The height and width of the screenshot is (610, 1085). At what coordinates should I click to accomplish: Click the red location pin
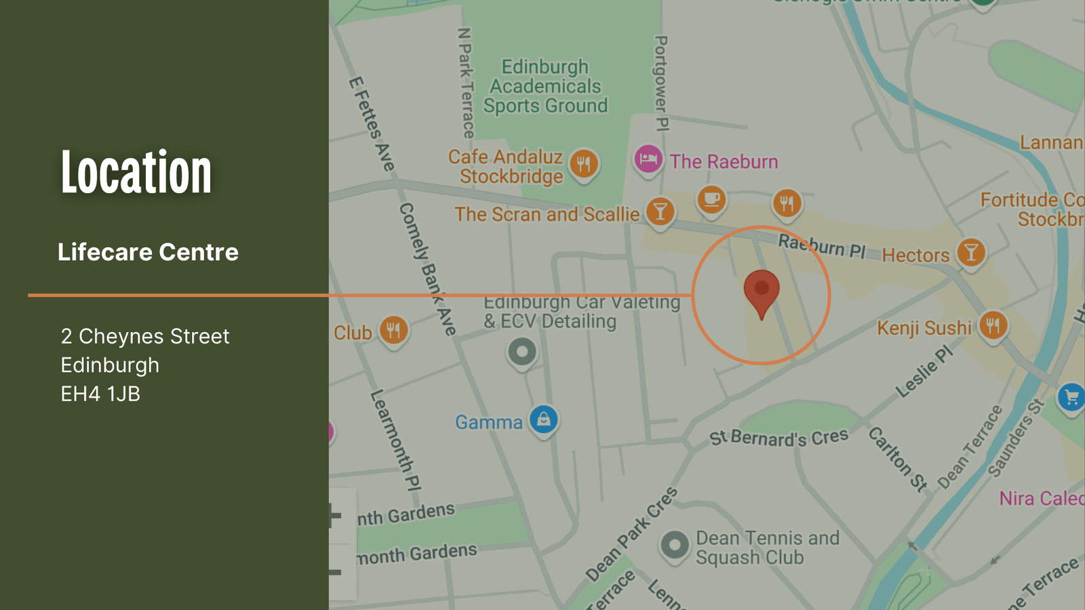coord(762,290)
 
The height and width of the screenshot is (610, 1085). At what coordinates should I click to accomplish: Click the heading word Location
coord(136,173)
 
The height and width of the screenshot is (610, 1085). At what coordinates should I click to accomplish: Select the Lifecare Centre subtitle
coord(148,252)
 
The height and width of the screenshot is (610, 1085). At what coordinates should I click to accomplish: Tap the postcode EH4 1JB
coord(100,394)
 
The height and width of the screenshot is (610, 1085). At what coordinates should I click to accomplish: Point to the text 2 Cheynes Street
coord(145,336)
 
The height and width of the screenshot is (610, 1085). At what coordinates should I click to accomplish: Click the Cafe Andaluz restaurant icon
coord(583,163)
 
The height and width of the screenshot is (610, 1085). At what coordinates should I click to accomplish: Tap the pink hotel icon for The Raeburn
coord(648,160)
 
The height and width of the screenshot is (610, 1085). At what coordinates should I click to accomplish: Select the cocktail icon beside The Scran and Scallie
coord(660,211)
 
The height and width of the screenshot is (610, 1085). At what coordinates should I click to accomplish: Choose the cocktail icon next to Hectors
coord(971,252)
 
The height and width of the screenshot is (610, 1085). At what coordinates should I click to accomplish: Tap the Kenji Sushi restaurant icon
coord(993,325)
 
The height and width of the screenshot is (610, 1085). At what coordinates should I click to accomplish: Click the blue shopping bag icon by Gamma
coord(543,420)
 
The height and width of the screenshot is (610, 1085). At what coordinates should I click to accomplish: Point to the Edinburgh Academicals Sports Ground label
coord(545,86)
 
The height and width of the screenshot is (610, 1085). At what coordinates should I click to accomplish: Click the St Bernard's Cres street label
coord(778,438)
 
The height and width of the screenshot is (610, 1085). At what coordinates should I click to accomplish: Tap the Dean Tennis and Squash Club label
coord(767,548)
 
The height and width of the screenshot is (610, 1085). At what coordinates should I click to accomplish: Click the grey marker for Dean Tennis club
coord(674,545)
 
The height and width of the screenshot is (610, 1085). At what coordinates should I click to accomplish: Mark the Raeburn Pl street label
coord(821,245)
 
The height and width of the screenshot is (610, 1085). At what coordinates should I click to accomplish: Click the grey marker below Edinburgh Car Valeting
coord(522,352)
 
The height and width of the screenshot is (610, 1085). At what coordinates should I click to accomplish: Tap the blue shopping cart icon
coord(1071,397)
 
